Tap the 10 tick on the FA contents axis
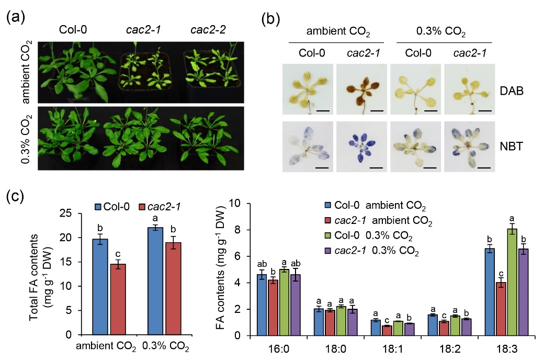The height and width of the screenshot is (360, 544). click(x=243, y=203)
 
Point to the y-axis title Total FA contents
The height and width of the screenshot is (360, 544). click(x=44, y=272)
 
